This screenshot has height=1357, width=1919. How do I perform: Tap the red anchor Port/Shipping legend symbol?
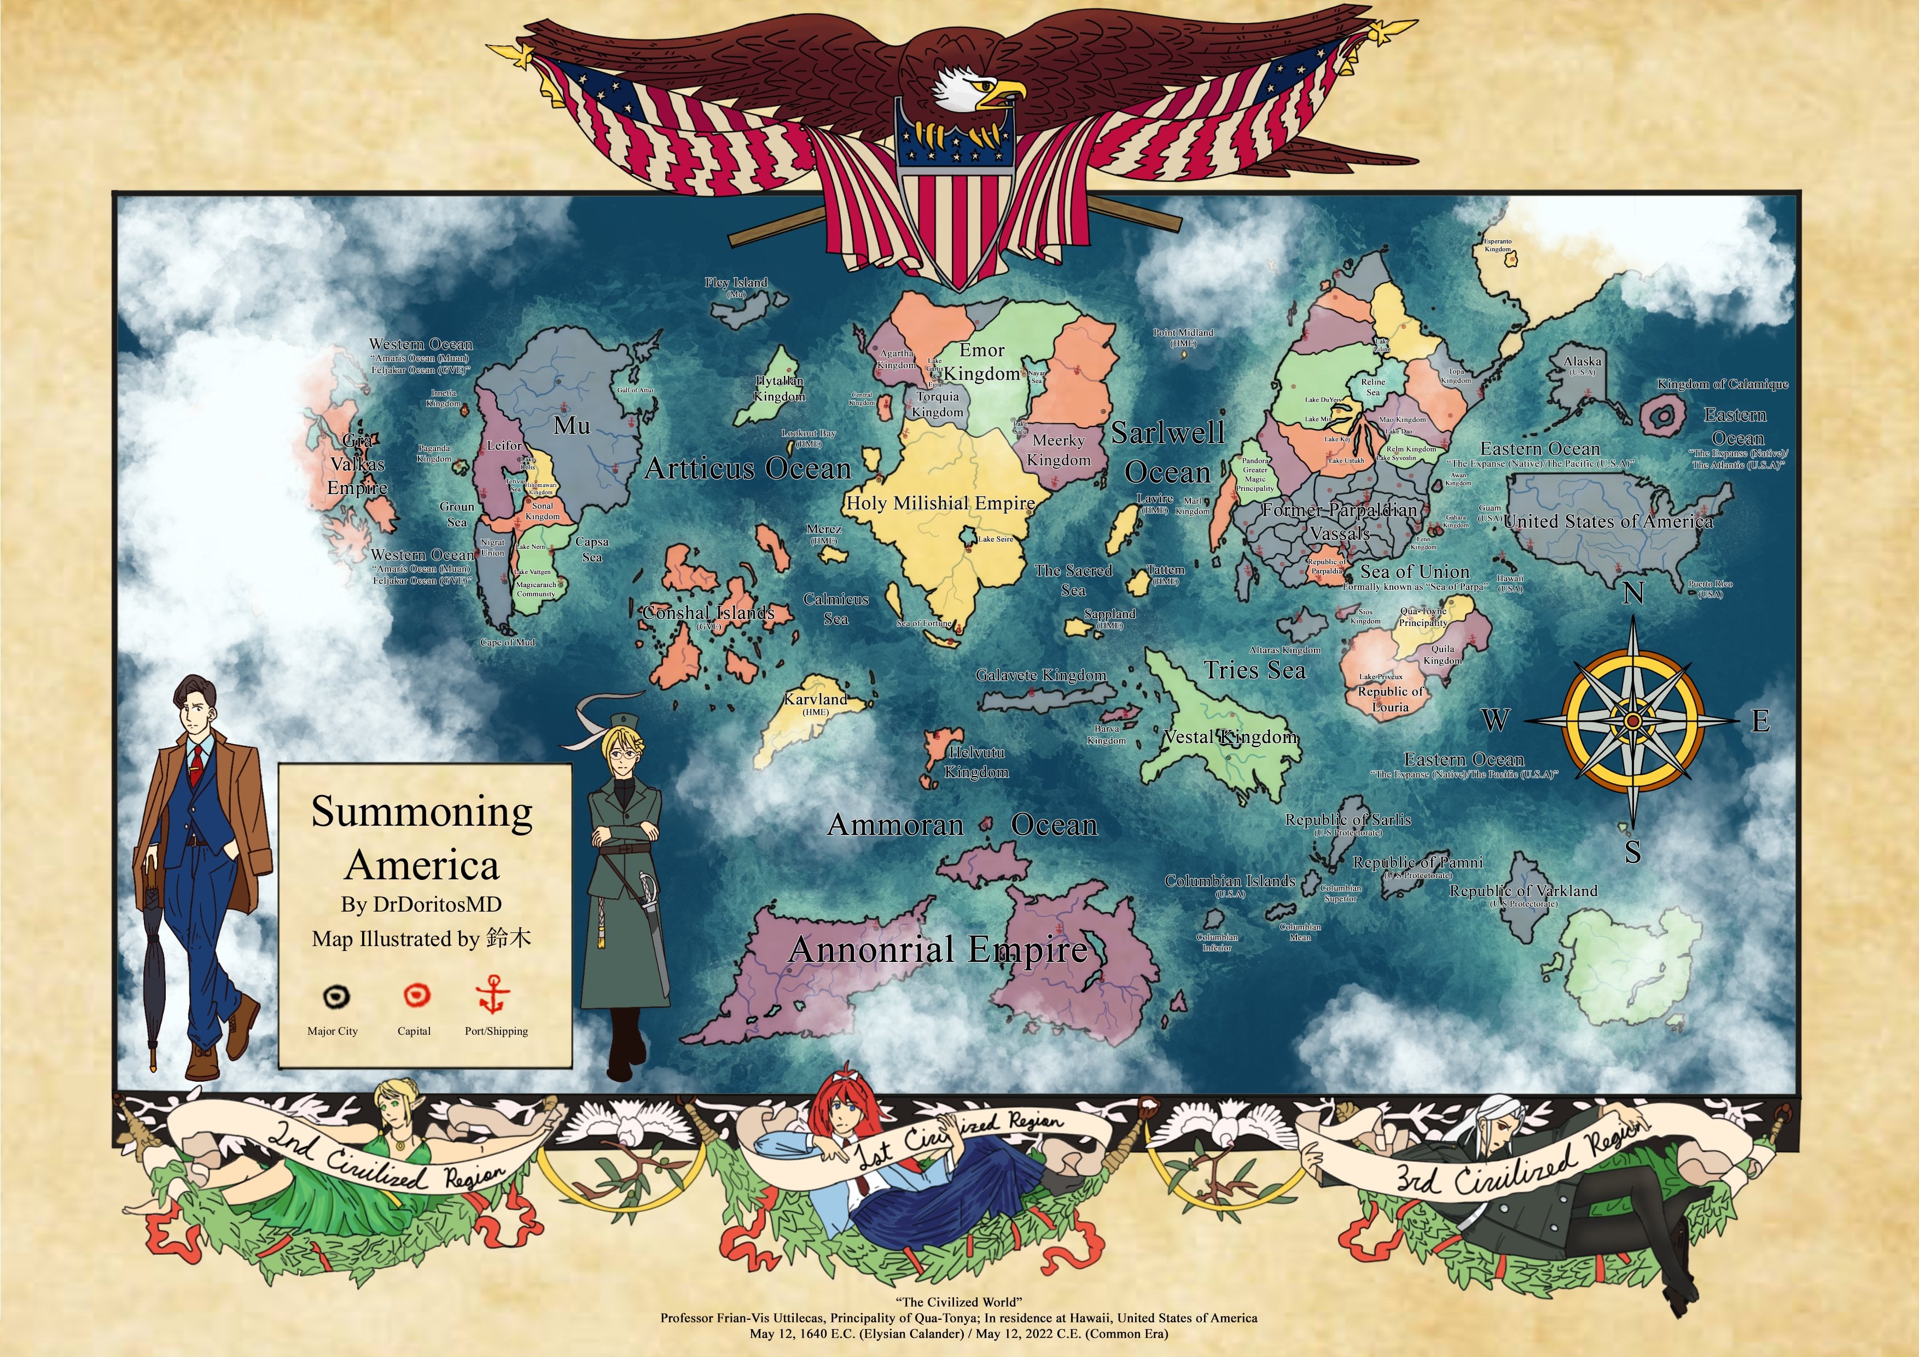coord(493,994)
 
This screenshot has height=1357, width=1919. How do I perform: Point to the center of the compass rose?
coord(1632,720)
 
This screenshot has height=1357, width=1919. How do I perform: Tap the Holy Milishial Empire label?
coord(940,503)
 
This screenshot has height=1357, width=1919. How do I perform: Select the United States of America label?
coord(1608,521)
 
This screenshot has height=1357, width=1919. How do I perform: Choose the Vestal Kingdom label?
coord(1231,737)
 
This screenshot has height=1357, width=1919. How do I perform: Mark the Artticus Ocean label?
coord(747,469)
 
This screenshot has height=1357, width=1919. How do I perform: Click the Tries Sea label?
coord(1254,670)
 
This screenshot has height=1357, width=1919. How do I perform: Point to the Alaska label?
coord(1582,362)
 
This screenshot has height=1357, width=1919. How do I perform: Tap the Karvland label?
coord(815,699)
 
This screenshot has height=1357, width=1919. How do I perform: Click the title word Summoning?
coord(422,812)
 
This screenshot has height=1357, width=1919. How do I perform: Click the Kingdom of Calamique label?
coord(1723,385)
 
